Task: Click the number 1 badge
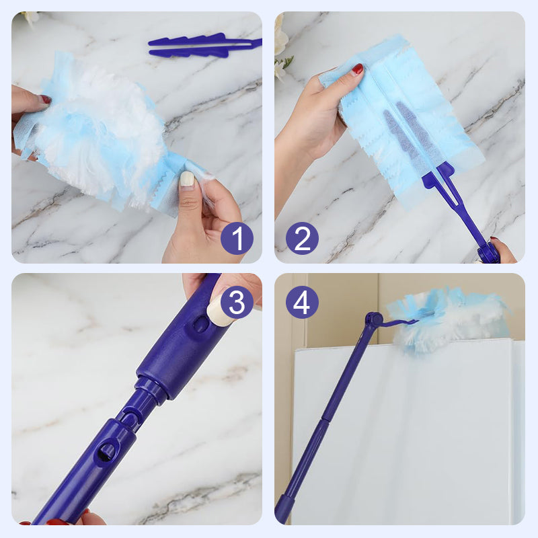pos(237,238)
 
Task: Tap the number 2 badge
pos(302,238)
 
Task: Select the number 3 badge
pos(237,302)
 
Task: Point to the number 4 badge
pos(302,302)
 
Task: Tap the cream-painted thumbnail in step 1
pos(187,179)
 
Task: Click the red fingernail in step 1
pos(45,100)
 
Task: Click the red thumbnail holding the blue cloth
pos(358,69)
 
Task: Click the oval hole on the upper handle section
pos(200,323)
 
